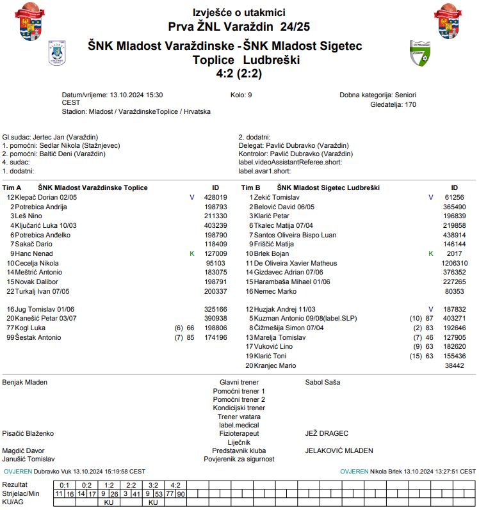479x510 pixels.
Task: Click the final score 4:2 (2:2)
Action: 239,74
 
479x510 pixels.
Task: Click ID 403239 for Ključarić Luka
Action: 215,225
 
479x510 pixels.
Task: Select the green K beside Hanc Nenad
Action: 191,253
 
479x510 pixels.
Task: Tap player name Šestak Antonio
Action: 38,337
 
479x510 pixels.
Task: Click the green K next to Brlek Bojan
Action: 430,253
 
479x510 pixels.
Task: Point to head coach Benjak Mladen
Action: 25,382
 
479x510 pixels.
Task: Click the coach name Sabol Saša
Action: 323,382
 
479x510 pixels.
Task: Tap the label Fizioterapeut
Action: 239,433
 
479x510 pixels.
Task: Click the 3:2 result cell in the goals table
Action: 153,485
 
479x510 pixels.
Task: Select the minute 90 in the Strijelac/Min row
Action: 181,494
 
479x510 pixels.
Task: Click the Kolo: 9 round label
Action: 241,95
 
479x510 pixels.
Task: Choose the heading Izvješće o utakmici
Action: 239,13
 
